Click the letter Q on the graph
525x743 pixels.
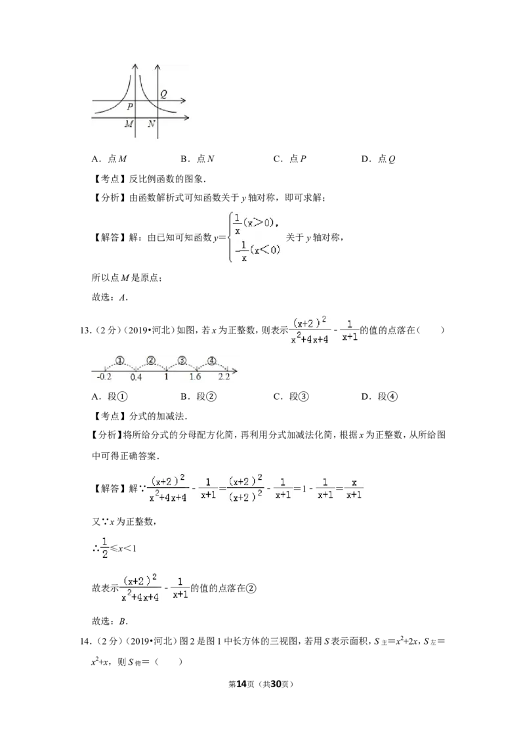tap(163, 94)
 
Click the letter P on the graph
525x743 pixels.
tap(130, 106)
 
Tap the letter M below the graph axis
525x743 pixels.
tap(129, 124)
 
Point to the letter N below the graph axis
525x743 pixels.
tap(151, 124)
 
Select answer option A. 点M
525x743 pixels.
tap(110, 159)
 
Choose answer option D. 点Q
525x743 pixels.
tap(378, 159)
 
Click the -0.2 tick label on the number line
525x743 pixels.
tap(104, 377)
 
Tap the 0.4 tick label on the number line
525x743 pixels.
tap(136, 377)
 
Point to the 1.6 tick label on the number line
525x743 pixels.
tap(195, 377)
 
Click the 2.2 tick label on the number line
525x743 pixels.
tap(224, 377)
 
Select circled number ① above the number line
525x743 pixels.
tap(120, 361)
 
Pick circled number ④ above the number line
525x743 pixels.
tap(212, 361)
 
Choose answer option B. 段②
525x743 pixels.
tap(199, 396)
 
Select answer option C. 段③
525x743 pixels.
tap(291, 396)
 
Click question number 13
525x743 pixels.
tap(85, 331)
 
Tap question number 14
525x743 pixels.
tap(85, 642)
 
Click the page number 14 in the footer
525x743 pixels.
tap(241, 684)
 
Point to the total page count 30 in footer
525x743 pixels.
tap(276, 684)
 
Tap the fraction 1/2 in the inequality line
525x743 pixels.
tap(105, 548)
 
